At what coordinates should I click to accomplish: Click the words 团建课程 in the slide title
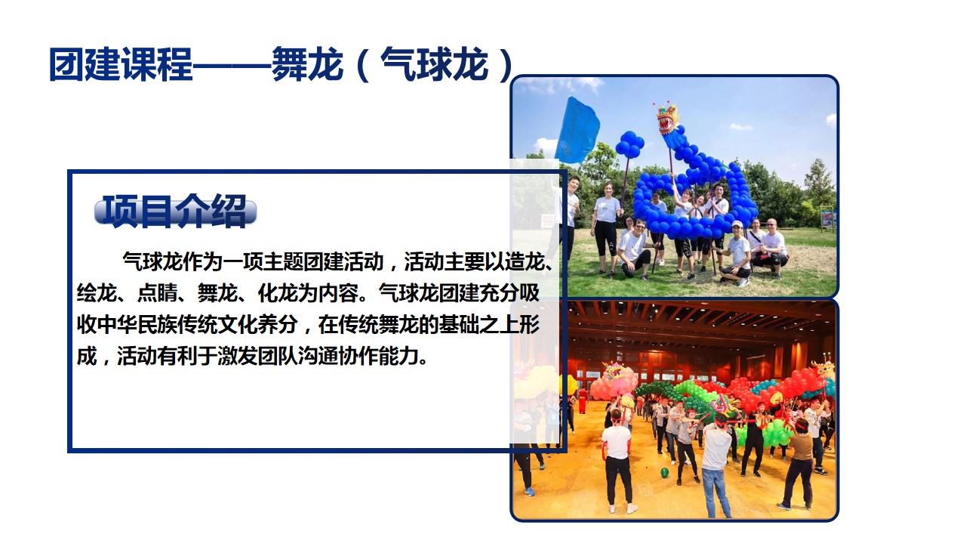click(x=122, y=64)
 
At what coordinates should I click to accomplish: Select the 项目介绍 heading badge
click(x=175, y=211)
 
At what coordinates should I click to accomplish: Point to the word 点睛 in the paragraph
click(x=157, y=293)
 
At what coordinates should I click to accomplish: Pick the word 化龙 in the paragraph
click(x=278, y=293)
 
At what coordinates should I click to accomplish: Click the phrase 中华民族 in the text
click(x=137, y=325)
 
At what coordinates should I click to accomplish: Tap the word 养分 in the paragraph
click(x=278, y=325)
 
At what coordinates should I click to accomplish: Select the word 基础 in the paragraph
click(x=458, y=325)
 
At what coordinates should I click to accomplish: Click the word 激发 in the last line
click(x=238, y=356)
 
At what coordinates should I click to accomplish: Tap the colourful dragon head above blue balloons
click(x=667, y=117)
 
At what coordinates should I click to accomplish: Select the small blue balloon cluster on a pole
click(x=629, y=144)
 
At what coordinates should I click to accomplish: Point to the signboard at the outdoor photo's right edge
click(x=828, y=217)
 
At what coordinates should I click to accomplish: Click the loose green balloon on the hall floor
click(x=665, y=472)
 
